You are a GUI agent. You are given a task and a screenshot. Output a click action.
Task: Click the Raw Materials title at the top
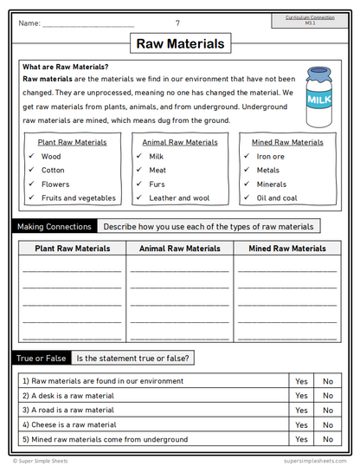tap(180, 43)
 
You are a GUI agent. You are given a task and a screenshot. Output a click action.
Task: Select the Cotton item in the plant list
tap(53, 171)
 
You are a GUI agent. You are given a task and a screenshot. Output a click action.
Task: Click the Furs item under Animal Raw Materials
tap(157, 184)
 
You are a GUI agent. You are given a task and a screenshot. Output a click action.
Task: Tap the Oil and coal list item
tap(277, 197)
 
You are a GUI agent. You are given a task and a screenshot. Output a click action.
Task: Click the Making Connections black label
tap(54, 227)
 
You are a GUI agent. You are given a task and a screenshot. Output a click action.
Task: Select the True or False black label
tap(42, 358)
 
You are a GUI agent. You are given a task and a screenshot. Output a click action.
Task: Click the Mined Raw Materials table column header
tap(287, 249)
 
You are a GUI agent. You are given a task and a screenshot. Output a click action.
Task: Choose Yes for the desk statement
tap(301, 396)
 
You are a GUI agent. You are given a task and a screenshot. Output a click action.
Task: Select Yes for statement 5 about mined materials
tap(301, 439)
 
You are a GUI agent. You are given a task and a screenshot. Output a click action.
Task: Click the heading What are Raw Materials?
tap(66, 67)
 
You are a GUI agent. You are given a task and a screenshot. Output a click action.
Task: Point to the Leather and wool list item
tap(179, 197)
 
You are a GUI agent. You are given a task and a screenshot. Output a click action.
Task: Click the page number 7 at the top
tap(178, 23)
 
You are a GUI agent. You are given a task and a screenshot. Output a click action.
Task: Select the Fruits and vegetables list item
tap(78, 197)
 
